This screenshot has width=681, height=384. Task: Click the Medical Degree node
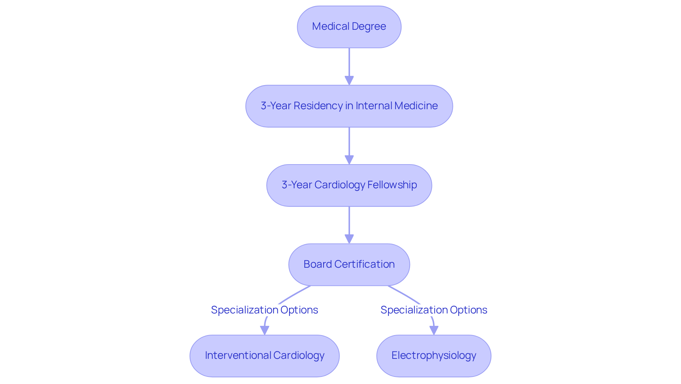tap(349, 27)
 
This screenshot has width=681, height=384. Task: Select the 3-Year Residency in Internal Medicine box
tap(349, 106)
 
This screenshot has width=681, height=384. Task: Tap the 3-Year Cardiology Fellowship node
tap(349, 185)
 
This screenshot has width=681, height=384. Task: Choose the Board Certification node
tap(349, 265)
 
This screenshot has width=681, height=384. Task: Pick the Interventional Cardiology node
tap(265, 356)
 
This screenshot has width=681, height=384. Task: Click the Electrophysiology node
tap(433, 356)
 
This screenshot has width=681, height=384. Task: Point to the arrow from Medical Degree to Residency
tap(349, 66)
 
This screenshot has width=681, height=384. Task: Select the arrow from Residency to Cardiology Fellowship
tap(349, 145)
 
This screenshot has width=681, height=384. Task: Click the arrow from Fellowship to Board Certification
tap(349, 224)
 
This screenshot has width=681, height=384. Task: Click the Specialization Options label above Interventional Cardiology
tap(265, 310)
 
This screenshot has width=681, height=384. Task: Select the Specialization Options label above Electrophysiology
tap(433, 310)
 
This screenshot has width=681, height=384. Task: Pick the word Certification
tap(364, 264)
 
